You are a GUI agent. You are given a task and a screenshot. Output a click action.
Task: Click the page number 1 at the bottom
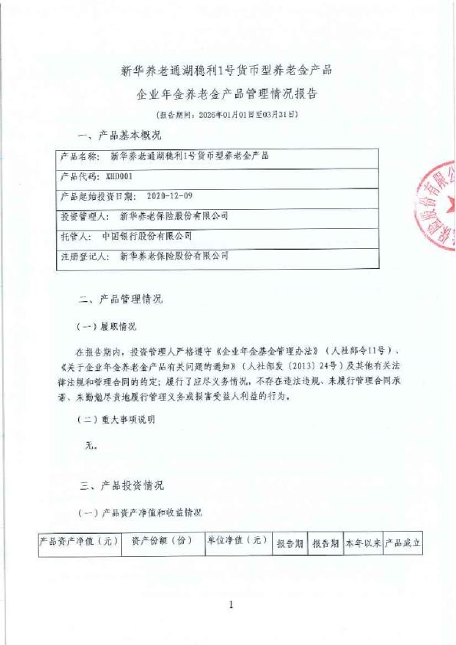pyautogui.click(x=231, y=606)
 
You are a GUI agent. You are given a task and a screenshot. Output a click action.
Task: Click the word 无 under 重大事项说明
pyautogui.click(x=90, y=445)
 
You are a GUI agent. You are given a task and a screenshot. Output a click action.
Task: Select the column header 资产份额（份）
pyautogui.click(x=161, y=542)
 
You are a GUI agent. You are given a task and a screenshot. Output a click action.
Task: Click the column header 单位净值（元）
pyautogui.click(x=237, y=542)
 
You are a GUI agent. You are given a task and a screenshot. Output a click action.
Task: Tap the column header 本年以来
pyautogui.click(x=363, y=542)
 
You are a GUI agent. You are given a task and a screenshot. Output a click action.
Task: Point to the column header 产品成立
pyautogui.click(x=402, y=542)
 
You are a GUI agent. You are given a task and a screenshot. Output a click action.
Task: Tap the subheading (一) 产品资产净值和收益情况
pyautogui.click(x=141, y=512)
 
